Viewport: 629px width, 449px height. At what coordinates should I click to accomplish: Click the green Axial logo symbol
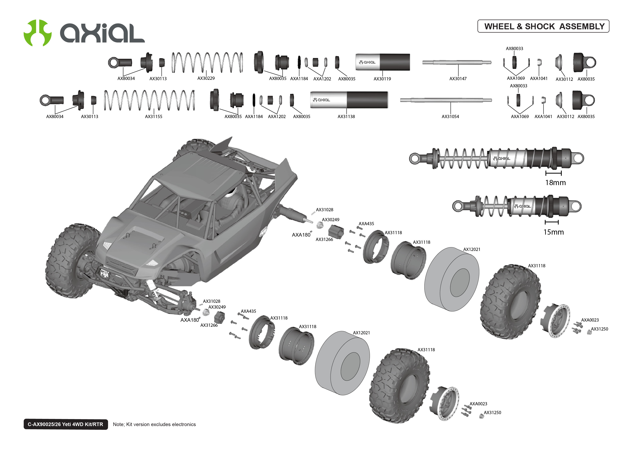(37, 33)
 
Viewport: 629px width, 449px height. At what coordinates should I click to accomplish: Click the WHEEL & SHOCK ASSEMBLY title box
(543, 26)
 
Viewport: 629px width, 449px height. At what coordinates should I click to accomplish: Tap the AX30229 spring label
(206, 78)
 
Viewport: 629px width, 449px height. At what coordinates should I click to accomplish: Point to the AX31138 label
(346, 117)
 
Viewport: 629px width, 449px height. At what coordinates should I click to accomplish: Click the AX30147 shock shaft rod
(456, 62)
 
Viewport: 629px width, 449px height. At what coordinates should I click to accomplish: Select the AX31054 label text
(450, 117)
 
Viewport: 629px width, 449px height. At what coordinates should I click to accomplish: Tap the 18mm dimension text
(555, 183)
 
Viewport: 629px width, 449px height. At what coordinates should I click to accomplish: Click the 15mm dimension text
(553, 232)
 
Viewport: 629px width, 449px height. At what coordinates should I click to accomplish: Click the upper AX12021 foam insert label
(472, 249)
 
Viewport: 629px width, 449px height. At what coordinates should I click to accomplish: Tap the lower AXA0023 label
(478, 404)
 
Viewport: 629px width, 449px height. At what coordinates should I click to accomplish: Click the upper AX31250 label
(599, 329)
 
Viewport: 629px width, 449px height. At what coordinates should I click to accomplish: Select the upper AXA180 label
(301, 235)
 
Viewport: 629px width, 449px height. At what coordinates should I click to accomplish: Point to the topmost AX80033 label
(514, 49)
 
